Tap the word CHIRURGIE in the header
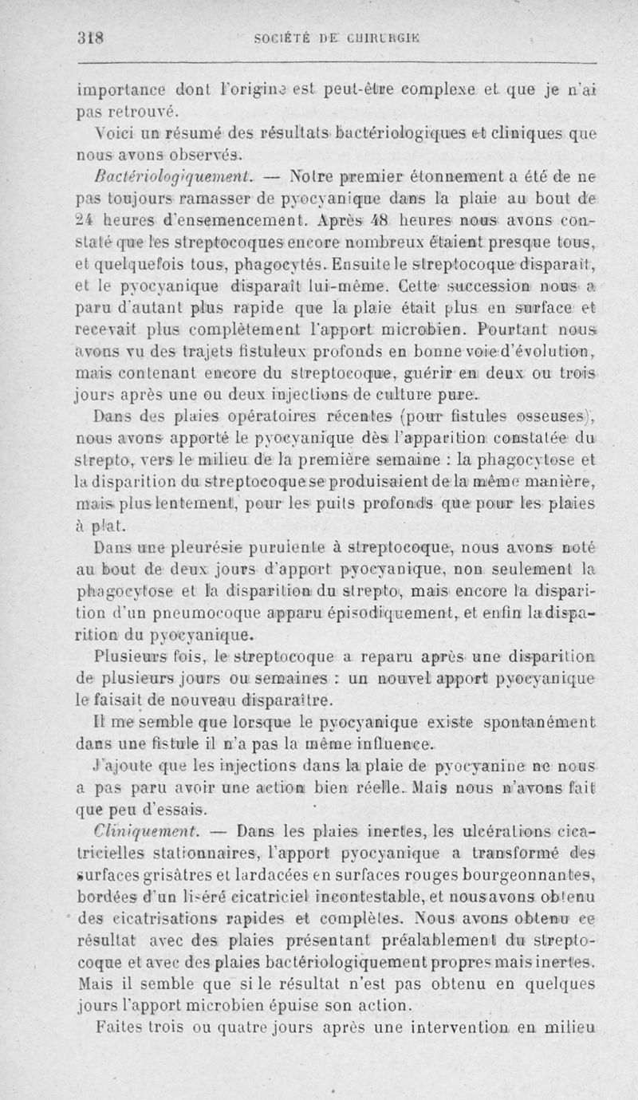point(388,35)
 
